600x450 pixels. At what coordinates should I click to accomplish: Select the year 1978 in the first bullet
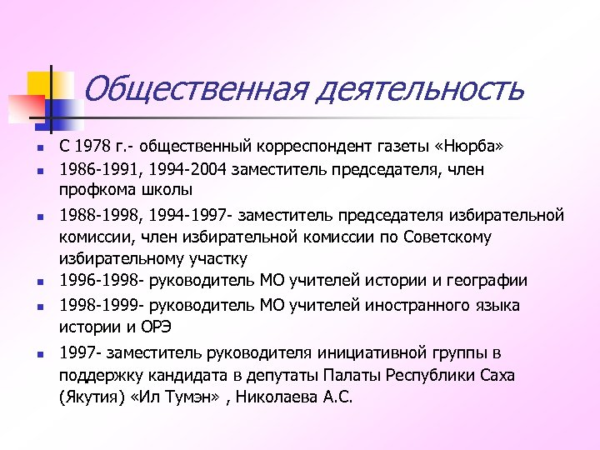tap(93, 148)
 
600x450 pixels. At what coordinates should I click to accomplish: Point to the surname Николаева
tap(279, 397)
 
